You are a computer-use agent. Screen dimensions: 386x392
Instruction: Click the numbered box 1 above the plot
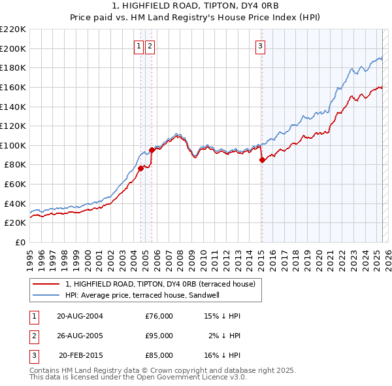pos(140,46)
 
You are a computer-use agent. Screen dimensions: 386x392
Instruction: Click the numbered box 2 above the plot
pos(150,46)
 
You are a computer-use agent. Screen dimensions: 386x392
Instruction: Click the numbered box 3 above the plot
pos(260,46)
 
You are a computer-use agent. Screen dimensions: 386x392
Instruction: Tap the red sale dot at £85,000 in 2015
pos(262,159)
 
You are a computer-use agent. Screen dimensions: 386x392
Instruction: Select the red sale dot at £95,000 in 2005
pos(152,149)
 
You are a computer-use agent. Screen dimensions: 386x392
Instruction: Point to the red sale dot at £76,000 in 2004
pos(140,168)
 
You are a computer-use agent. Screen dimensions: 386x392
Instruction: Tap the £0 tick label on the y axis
pos(20,243)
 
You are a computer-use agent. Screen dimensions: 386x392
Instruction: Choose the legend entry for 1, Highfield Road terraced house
pos(164,284)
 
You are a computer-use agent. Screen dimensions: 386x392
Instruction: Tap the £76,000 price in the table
pos(159,316)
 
